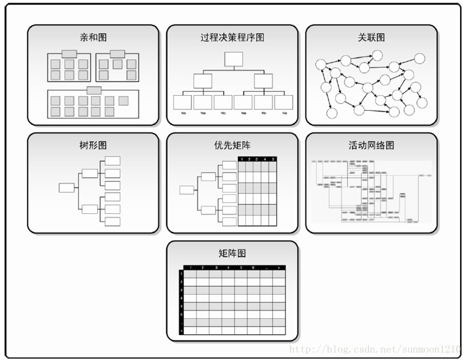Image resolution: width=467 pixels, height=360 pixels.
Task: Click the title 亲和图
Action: (x=93, y=38)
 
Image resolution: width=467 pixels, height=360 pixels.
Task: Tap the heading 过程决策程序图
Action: (x=232, y=38)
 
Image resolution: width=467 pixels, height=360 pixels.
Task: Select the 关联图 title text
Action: (x=371, y=38)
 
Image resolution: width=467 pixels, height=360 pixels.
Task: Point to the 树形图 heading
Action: (x=93, y=146)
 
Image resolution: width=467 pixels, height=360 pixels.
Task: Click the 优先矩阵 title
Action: (x=232, y=146)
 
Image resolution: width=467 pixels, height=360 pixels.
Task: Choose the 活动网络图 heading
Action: (x=371, y=146)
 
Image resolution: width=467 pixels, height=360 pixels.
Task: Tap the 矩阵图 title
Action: (x=232, y=254)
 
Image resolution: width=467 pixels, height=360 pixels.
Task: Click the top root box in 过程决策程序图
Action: (x=233, y=59)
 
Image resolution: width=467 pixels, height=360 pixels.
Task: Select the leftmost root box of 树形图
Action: (x=67, y=188)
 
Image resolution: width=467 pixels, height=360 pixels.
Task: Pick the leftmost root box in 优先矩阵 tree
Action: (x=187, y=190)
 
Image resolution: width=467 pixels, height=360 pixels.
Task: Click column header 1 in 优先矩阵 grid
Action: (x=242, y=159)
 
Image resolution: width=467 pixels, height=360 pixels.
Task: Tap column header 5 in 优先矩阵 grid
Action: (x=273, y=159)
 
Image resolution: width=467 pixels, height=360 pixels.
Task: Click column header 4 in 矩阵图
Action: (x=228, y=268)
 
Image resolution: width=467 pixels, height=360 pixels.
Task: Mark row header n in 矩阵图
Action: (x=181, y=331)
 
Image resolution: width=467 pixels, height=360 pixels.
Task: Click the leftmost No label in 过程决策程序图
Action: (x=183, y=113)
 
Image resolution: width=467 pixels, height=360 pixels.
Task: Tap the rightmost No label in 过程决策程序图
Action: (x=284, y=113)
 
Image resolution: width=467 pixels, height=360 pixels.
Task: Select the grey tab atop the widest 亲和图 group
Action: (x=94, y=90)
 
